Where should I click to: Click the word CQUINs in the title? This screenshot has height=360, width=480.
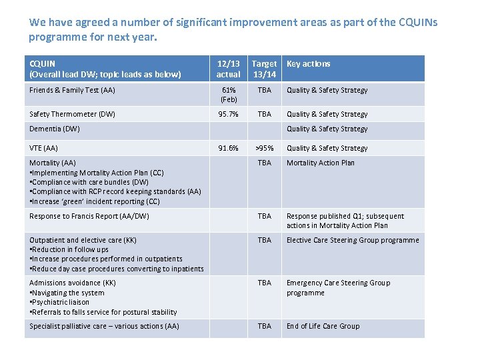pos(419,22)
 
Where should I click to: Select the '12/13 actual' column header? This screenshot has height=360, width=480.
pos(229,69)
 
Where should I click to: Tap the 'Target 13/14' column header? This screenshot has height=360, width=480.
pos(265,69)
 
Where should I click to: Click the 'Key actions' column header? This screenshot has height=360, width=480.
pos(309,64)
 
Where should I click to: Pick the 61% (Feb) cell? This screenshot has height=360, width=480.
pos(229,95)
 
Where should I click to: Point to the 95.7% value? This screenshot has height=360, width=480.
pos(229,115)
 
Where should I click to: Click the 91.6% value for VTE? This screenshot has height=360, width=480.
pos(229,148)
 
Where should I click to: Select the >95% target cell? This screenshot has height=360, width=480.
pos(265,148)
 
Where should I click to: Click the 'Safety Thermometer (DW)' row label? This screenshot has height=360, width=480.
pos(73,115)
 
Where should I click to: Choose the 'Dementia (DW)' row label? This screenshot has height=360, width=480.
pos(55,129)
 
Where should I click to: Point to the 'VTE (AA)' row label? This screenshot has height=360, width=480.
pos(44,148)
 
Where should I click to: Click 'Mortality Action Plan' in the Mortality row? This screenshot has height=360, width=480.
pos(321,163)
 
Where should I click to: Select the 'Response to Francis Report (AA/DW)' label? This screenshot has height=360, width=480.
pos(89,216)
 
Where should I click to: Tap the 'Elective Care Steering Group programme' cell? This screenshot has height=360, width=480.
pos(353,240)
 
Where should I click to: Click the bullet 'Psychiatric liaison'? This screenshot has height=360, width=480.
pos(62,302)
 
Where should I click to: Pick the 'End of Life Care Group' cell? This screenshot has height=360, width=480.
pos(323,326)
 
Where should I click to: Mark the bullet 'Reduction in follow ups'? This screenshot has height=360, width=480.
pos(69,249)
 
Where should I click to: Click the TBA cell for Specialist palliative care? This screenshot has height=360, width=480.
pos(265,326)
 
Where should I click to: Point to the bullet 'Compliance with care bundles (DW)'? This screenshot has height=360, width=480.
pos(89,182)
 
